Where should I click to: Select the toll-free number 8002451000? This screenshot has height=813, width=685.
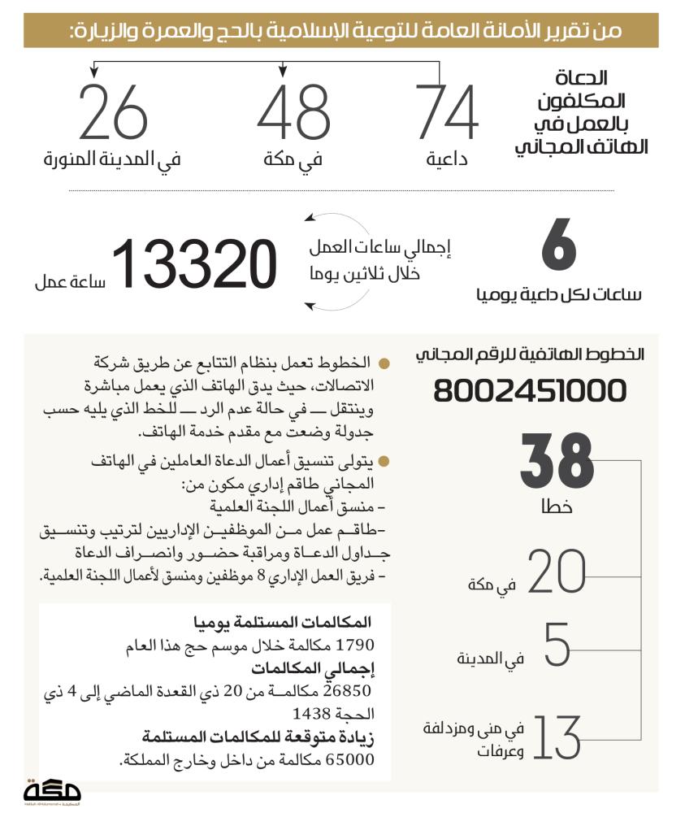530,391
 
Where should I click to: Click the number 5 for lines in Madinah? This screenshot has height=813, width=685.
557,646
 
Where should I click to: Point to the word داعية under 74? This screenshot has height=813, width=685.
447,160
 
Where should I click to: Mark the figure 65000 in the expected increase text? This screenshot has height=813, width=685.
349,761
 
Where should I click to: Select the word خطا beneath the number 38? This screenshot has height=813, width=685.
557,506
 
